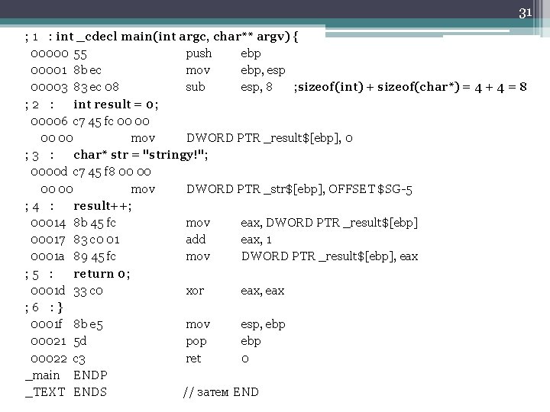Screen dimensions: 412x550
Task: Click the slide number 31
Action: pos(525,12)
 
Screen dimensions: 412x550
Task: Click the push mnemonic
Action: pos(199,53)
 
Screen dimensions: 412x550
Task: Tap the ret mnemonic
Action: pos(194,358)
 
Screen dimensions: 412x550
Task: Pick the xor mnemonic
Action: pos(196,291)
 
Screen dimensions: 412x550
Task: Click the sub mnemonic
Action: pos(196,87)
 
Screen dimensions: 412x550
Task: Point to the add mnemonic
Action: pos(197,240)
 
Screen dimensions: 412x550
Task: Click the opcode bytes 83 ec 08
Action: pos(95,87)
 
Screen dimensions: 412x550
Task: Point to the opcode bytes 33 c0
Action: pos(86,291)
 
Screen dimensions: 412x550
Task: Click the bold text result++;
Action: pos(102,206)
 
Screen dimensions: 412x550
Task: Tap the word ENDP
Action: pos(90,375)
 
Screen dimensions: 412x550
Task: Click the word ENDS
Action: pos(90,392)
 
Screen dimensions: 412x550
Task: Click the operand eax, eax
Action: pos(263,291)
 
